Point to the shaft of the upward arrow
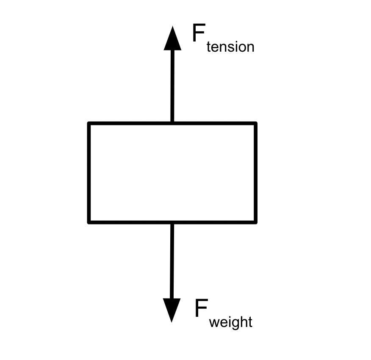pos(172,86)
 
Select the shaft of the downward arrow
pos(172,261)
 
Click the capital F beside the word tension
pos(199,33)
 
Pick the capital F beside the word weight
pos(201,308)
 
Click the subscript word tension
pos(230,47)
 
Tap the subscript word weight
pos(231,322)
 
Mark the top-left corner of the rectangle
pos(89,123)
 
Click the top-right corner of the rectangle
pos(256,123)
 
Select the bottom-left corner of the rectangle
pos(89,222)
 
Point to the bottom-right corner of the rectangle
pos(256,222)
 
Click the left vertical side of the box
pos(89,173)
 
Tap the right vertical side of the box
pos(256,173)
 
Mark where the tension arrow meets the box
pos(172,122)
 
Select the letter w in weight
pos(214,323)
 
